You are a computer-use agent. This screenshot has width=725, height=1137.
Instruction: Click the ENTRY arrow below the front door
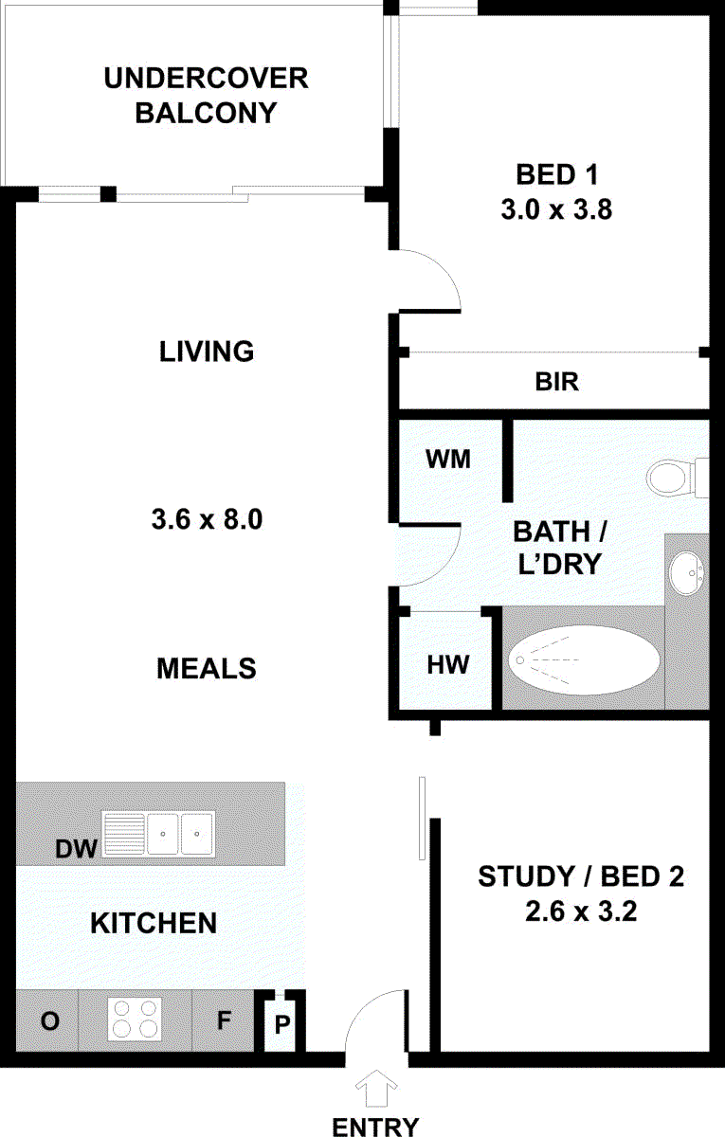coord(376,1090)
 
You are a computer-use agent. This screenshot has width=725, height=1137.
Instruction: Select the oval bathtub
coord(584,659)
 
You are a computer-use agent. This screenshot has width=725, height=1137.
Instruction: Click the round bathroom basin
coord(686,573)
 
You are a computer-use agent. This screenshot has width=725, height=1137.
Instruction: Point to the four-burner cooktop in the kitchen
coord(135,1019)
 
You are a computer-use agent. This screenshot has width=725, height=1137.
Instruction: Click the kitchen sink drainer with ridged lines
coord(124,835)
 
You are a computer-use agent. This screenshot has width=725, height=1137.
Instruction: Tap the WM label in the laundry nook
coord(448,460)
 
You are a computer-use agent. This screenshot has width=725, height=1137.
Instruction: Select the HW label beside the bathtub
coord(447,665)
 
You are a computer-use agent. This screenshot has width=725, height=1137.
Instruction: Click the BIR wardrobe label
coord(557,382)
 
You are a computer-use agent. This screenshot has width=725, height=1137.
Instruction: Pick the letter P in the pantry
coord(282,1025)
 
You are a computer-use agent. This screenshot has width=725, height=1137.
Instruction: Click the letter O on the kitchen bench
coord(49,1021)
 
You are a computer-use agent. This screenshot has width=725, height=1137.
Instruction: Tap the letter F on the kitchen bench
coord(224,1020)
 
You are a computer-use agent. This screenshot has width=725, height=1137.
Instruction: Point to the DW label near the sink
coord(76,849)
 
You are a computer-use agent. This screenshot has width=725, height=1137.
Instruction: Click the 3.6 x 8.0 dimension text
coord(208,520)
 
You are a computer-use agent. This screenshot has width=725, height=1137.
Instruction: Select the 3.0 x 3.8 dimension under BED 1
coord(557,209)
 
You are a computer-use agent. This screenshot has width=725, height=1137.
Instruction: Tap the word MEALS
coord(207,669)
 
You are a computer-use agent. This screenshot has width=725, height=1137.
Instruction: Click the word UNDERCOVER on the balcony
coord(207,78)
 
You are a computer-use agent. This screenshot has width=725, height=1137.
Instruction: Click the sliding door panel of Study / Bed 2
coord(422,818)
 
